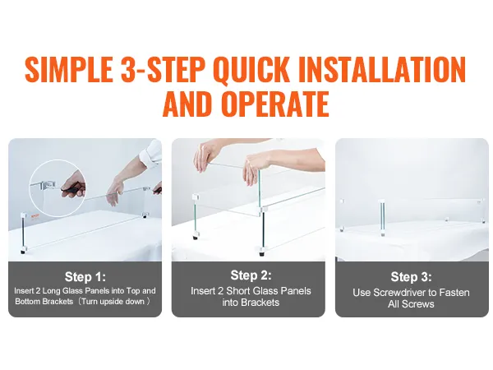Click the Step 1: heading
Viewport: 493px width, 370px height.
85,277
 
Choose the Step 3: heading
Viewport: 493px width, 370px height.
410,277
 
